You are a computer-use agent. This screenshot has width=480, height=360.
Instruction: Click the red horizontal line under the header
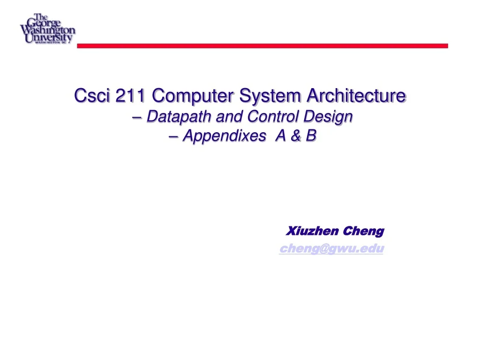262,46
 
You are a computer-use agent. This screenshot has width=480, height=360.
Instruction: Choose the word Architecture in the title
356,96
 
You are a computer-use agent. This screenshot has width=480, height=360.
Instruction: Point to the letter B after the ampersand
311,136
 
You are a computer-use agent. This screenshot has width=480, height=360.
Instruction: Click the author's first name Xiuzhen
313,231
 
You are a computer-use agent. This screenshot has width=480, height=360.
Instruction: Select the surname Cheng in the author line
363,231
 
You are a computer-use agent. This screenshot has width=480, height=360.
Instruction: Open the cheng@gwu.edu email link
331,249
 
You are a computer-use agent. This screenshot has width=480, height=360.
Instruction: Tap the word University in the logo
49,37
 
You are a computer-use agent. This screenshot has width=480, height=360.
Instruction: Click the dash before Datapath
139,117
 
